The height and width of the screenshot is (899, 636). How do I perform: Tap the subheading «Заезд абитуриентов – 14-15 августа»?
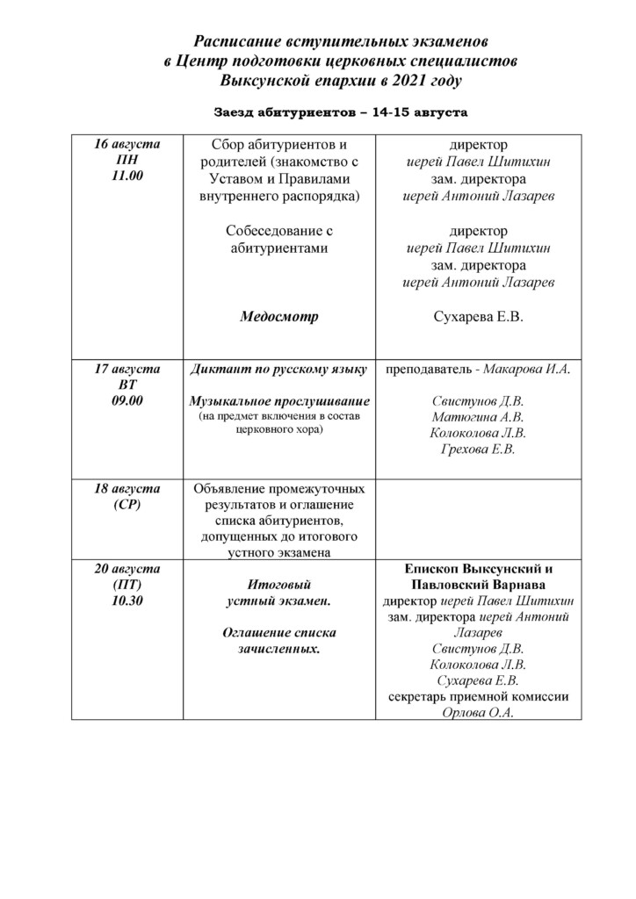341,112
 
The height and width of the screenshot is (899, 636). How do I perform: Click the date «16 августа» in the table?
126,144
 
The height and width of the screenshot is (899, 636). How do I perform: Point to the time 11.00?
126,176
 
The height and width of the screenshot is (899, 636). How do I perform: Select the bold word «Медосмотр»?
279,316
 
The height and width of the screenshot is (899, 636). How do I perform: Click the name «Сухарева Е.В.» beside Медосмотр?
478,316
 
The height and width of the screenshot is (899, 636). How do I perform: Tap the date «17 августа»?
126,369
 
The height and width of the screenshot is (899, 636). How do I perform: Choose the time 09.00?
126,400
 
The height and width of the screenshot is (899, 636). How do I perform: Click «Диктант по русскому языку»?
278,370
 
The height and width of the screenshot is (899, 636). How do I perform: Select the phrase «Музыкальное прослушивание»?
279,401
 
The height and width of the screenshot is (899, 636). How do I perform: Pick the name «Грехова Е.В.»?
478,449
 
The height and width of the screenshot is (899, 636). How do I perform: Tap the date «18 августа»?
126,489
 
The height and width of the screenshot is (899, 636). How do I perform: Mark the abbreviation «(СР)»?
126,505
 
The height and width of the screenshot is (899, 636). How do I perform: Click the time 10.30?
126,601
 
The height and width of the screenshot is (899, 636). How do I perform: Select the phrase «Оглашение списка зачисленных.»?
278,641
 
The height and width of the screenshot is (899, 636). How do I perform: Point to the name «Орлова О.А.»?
478,713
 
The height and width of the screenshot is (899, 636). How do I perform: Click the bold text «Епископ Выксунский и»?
478,569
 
